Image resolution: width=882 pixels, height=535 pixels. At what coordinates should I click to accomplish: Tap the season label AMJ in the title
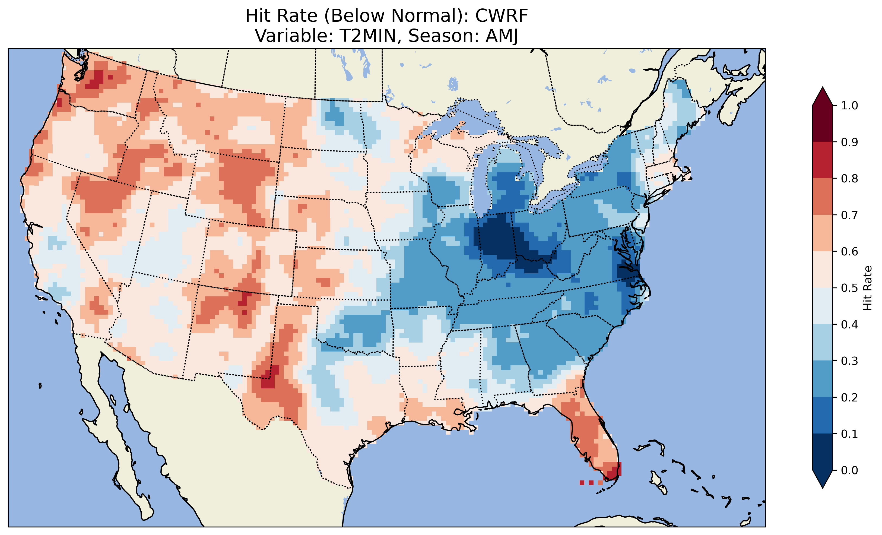click(502, 36)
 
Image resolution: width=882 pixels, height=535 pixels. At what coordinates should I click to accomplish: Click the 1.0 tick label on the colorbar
click(849, 106)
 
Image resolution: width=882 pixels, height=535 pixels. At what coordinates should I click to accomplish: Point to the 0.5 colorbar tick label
click(849, 288)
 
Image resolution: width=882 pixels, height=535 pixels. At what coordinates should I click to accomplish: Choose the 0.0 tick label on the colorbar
click(849, 470)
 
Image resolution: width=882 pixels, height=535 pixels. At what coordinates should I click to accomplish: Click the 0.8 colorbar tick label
click(849, 178)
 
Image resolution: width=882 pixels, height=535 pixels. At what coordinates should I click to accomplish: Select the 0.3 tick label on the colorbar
click(849, 361)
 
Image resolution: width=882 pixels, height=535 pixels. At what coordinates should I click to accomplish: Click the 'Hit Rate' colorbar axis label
click(867, 288)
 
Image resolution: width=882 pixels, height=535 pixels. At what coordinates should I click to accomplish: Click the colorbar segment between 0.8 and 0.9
click(823, 160)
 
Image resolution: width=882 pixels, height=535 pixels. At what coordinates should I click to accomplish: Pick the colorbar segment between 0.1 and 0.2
click(823, 415)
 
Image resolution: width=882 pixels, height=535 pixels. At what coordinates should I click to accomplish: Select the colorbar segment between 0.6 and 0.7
click(823, 233)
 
